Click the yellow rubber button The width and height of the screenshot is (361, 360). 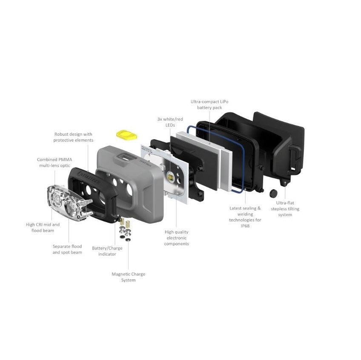point(127,135)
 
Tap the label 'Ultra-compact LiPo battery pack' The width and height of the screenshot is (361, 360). point(209,105)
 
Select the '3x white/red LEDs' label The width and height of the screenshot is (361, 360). point(170,122)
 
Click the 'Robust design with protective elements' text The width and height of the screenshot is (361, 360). point(74,137)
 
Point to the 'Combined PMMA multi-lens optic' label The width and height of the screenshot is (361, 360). point(54,163)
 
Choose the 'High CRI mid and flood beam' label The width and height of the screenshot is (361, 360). point(43,227)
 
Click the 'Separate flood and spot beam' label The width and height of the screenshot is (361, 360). point(67,249)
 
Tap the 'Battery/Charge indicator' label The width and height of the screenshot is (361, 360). point(107,251)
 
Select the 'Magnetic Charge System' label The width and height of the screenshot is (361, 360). point(129,277)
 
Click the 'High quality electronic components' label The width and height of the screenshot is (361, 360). point(177,238)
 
